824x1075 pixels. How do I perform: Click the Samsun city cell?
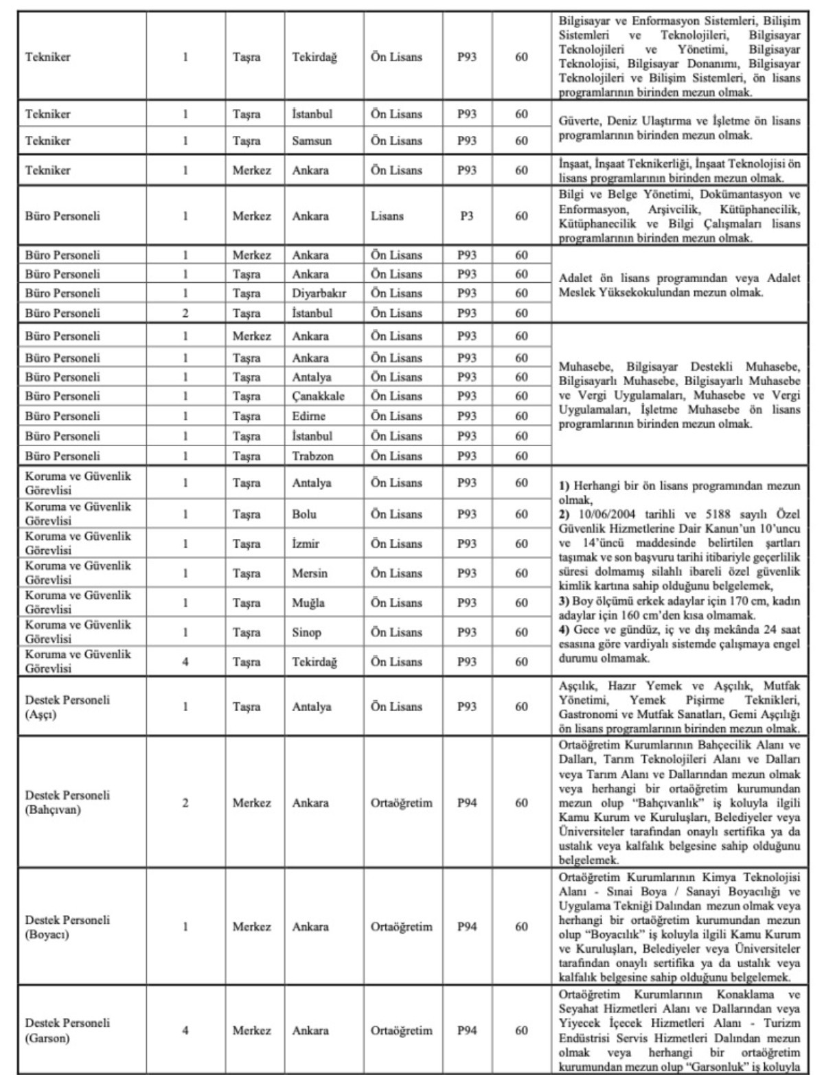point(312,141)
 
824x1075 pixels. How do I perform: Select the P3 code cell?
point(467,216)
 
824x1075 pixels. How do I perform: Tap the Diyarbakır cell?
point(319,293)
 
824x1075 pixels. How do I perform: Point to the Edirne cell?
point(308,416)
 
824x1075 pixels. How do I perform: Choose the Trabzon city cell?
point(312,456)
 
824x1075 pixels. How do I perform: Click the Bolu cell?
point(304,514)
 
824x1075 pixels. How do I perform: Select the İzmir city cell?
point(306,544)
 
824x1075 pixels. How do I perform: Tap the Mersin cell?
point(310,573)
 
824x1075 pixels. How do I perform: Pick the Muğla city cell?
point(308,603)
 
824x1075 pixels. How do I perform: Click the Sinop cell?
point(306,632)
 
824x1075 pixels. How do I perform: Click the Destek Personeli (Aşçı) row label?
point(67,706)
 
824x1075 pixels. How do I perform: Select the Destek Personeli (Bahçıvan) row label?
point(67,802)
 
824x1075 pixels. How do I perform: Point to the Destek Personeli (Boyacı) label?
point(67,927)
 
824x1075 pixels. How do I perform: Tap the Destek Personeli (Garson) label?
point(67,1030)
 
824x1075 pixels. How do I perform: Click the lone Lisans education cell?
point(387,216)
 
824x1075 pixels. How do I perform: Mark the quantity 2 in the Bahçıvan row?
point(185,802)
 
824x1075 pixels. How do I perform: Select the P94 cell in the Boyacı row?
point(467,927)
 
